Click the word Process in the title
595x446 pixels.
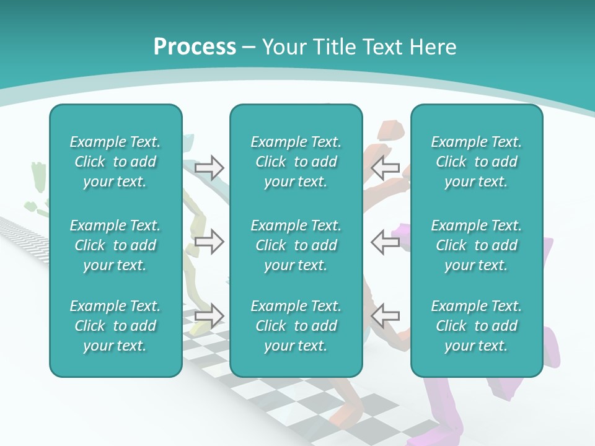(x=195, y=47)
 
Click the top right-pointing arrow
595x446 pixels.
(x=209, y=168)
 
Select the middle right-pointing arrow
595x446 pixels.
(x=209, y=242)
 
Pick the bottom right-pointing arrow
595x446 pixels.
(x=209, y=315)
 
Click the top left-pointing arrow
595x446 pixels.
(x=385, y=168)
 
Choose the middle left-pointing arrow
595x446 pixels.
(x=385, y=242)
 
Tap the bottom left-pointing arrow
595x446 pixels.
(x=385, y=315)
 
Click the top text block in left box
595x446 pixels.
(x=115, y=162)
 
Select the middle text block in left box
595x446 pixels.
(x=115, y=245)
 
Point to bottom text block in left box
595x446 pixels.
(x=115, y=326)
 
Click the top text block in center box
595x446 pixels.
(x=296, y=162)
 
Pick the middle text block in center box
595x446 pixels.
(x=296, y=245)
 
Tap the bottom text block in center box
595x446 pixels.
(x=296, y=326)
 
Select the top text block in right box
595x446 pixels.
(x=476, y=162)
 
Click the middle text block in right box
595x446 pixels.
(x=476, y=245)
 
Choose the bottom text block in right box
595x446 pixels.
(x=476, y=326)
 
